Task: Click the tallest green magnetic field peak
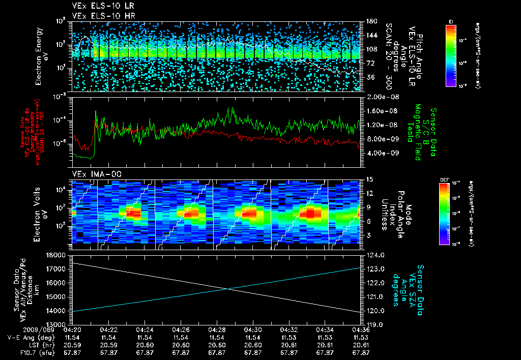click(233, 107)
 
